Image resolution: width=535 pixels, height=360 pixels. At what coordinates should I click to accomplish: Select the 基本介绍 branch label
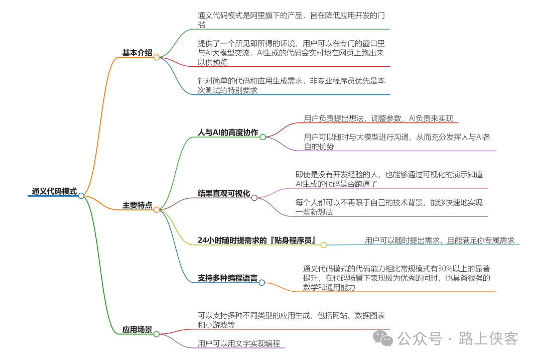point(137,53)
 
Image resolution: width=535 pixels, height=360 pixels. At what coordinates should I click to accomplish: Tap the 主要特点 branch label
point(137,205)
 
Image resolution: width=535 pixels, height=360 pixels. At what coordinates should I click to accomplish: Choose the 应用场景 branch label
point(137,329)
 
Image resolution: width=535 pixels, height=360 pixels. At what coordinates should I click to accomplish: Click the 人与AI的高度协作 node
point(228,133)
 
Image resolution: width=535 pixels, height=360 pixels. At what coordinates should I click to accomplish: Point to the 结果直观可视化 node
point(223,193)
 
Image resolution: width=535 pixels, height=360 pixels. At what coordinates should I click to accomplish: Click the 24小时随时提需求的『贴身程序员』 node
point(257,240)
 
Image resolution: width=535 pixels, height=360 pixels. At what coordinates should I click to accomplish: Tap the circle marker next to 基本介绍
point(157,57)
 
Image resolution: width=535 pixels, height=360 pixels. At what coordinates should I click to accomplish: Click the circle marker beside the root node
point(81,196)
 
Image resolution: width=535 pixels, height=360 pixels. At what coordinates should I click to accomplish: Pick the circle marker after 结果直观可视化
point(254,198)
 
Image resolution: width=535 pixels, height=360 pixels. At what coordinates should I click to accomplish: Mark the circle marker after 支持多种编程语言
point(261,283)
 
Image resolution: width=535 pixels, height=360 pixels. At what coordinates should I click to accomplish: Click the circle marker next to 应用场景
point(157,334)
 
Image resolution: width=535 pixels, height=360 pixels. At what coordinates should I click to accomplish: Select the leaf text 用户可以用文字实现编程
point(238,343)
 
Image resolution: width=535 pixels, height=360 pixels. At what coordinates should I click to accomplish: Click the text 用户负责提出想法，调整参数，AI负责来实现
point(378,118)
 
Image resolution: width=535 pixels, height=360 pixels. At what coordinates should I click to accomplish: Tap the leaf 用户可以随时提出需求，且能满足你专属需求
point(439,241)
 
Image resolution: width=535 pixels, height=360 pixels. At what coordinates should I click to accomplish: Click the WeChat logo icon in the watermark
point(386,339)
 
